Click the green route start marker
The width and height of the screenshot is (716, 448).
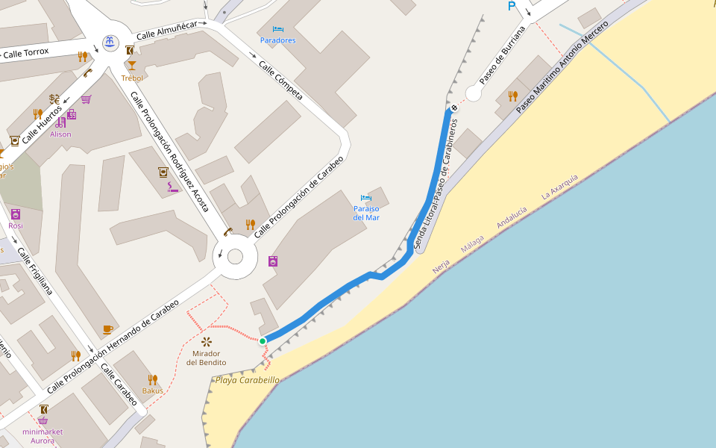tap(263, 341)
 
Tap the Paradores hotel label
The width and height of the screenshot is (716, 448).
tap(277, 40)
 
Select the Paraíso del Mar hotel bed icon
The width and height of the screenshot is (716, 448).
tap(365, 199)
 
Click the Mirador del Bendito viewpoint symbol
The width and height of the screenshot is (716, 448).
tap(207, 341)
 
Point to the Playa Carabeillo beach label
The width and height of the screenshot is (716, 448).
tap(247, 380)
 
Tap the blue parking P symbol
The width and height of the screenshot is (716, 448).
tap(512, 6)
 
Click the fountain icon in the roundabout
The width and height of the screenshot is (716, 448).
tap(110, 41)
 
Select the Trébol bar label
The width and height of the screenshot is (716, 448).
tap(132, 78)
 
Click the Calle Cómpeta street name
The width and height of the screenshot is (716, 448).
tap(280, 81)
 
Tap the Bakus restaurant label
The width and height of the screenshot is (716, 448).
tap(152, 391)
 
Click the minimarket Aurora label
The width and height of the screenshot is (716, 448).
tap(43, 436)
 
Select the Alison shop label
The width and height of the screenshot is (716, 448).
tap(60, 134)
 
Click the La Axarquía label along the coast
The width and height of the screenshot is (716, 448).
tap(559, 185)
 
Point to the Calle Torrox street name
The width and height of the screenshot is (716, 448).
tap(25, 52)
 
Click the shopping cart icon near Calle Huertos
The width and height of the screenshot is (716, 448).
tap(87, 99)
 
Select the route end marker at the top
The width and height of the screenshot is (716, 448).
tap(453, 108)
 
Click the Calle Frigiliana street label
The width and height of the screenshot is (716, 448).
tap(35, 271)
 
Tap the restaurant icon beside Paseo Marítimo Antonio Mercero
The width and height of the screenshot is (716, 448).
tap(512, 96)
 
